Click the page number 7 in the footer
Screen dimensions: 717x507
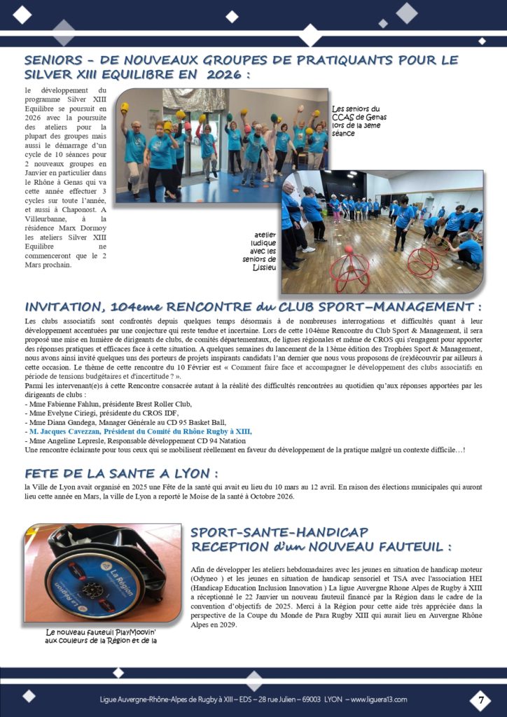point(480,699)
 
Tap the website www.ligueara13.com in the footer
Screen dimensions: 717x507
point(379,699)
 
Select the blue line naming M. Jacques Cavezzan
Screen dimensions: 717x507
point(137,432)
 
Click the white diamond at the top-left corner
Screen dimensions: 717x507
point(22,13)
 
